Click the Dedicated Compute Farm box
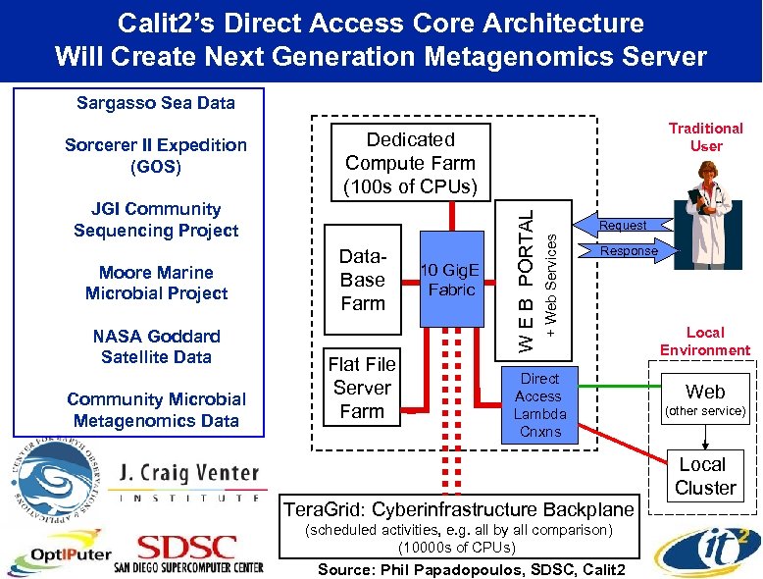[x=410, y=163]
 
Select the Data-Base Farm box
[x=362, y=280]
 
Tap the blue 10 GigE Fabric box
[x=451, y=280]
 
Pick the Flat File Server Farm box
[x=362, y=389]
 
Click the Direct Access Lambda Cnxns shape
[x=538, y=404]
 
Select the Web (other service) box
[x=704, y=400]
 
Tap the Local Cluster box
[x=704, y=476]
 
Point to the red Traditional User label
[x=705, y=136]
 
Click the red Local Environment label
[x=704, y=342]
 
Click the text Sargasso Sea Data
[x=155, y=102]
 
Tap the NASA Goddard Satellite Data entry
[x=156, y=346]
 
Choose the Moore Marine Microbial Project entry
[x=156, y=283]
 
